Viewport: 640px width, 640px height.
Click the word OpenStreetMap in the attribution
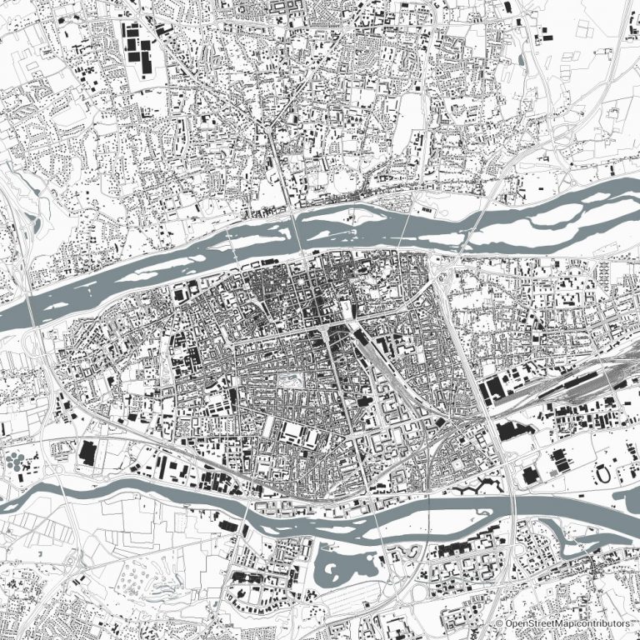coord(539,623)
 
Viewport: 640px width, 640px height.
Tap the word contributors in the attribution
coord(602,623)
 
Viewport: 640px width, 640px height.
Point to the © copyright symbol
coord(499,623)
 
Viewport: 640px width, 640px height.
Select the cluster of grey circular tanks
coord(16,462)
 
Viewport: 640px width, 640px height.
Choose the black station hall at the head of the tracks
coord(337,333)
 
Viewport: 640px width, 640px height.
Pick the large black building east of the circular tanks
coord(87,453)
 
